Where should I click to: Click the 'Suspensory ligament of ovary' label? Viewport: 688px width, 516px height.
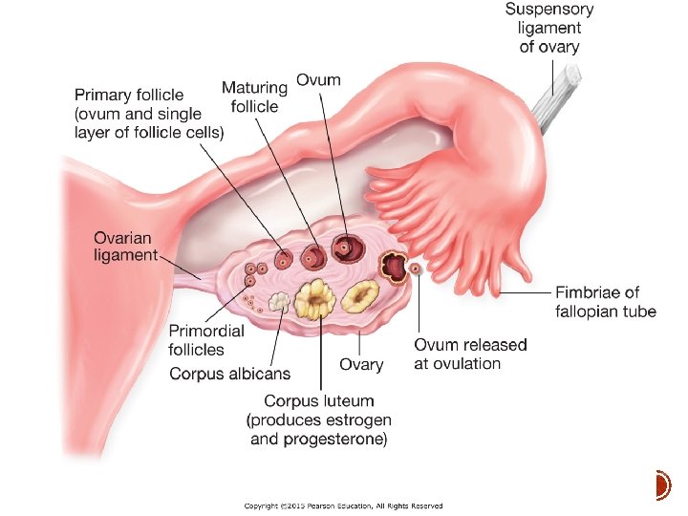(x=549, y=28)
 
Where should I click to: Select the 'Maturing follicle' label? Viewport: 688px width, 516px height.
(x=253, y=97)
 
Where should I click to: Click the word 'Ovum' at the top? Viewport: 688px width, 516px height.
(x=318, y=80)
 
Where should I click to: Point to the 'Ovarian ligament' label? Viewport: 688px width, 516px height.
(x=124, y=246)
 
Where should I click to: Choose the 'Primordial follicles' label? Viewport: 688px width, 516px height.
(x=206, y=338)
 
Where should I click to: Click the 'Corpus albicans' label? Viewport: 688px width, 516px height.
(x=230, y=374)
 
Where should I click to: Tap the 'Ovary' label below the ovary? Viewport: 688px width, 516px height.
(x=361, y=364)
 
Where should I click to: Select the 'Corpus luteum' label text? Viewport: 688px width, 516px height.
(x=319, y=401)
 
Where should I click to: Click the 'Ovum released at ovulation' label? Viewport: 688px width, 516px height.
(x=470, y=354)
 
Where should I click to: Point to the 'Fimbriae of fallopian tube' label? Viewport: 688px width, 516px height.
(x=605, y=302)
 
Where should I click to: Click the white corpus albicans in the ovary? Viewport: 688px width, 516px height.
(x=279, y=302)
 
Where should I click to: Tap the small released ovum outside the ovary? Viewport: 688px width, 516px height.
(x=416, y=270)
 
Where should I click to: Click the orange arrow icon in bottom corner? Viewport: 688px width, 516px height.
(x=661, y=485)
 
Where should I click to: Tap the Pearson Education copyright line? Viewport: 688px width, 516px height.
(x=343, y=505)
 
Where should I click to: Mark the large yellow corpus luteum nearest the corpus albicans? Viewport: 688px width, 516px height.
(x=313, y=300)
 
